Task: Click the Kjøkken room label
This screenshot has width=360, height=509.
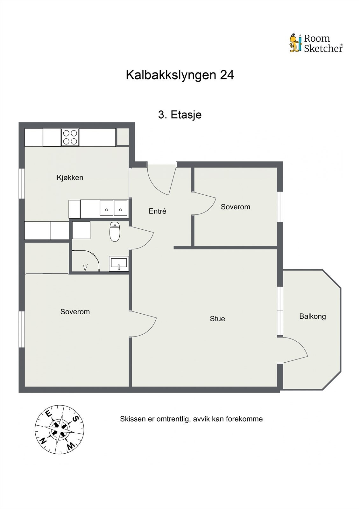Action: [x=70, y=178]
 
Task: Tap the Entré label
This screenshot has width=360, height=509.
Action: [x=158, y=211]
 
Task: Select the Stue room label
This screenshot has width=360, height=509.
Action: [x=217, y=319]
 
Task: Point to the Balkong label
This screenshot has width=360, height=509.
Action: [x=312, y=317]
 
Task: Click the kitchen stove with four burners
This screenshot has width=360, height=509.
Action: [x=70, y=137]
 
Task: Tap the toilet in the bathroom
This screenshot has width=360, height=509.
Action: [x=115, y=232]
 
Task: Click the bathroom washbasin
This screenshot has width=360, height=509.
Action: [x=119, y=264]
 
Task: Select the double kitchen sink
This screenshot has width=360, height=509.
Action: [x=114, y=209]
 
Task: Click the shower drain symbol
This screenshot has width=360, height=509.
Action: [x=85, y=267]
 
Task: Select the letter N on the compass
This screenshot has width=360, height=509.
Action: [x=43, y=441]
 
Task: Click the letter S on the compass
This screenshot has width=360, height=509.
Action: [x=76, y=419]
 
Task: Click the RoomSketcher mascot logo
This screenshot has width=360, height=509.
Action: [x=295, y=43]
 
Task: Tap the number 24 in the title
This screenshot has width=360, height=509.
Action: [x=227, y=75]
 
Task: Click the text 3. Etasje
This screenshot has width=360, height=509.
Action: [x=180, y=115]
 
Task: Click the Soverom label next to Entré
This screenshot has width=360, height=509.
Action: [x=236, y=207]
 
